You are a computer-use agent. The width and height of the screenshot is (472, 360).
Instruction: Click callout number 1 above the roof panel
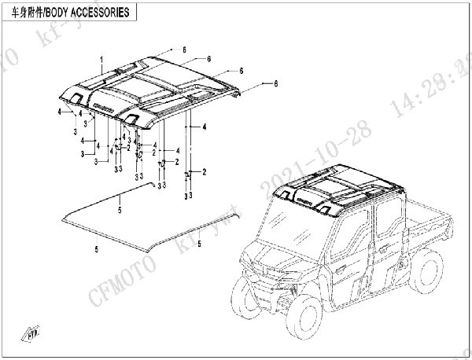(101, 60)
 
